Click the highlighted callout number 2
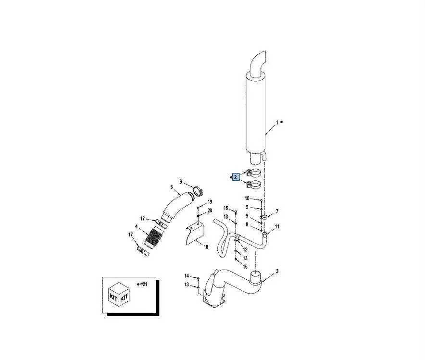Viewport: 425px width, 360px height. point(236,177)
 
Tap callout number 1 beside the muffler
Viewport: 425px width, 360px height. point(277,123)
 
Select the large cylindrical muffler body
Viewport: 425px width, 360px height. point(256,113)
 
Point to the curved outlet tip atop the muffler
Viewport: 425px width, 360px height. point(259,62)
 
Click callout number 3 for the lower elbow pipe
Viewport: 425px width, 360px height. point(277,271)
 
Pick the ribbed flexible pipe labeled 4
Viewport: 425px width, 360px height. point(153,237)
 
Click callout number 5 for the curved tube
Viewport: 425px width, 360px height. point(172,187)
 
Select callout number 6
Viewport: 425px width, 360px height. point(181,182)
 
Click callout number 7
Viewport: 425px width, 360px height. point(277,211)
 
